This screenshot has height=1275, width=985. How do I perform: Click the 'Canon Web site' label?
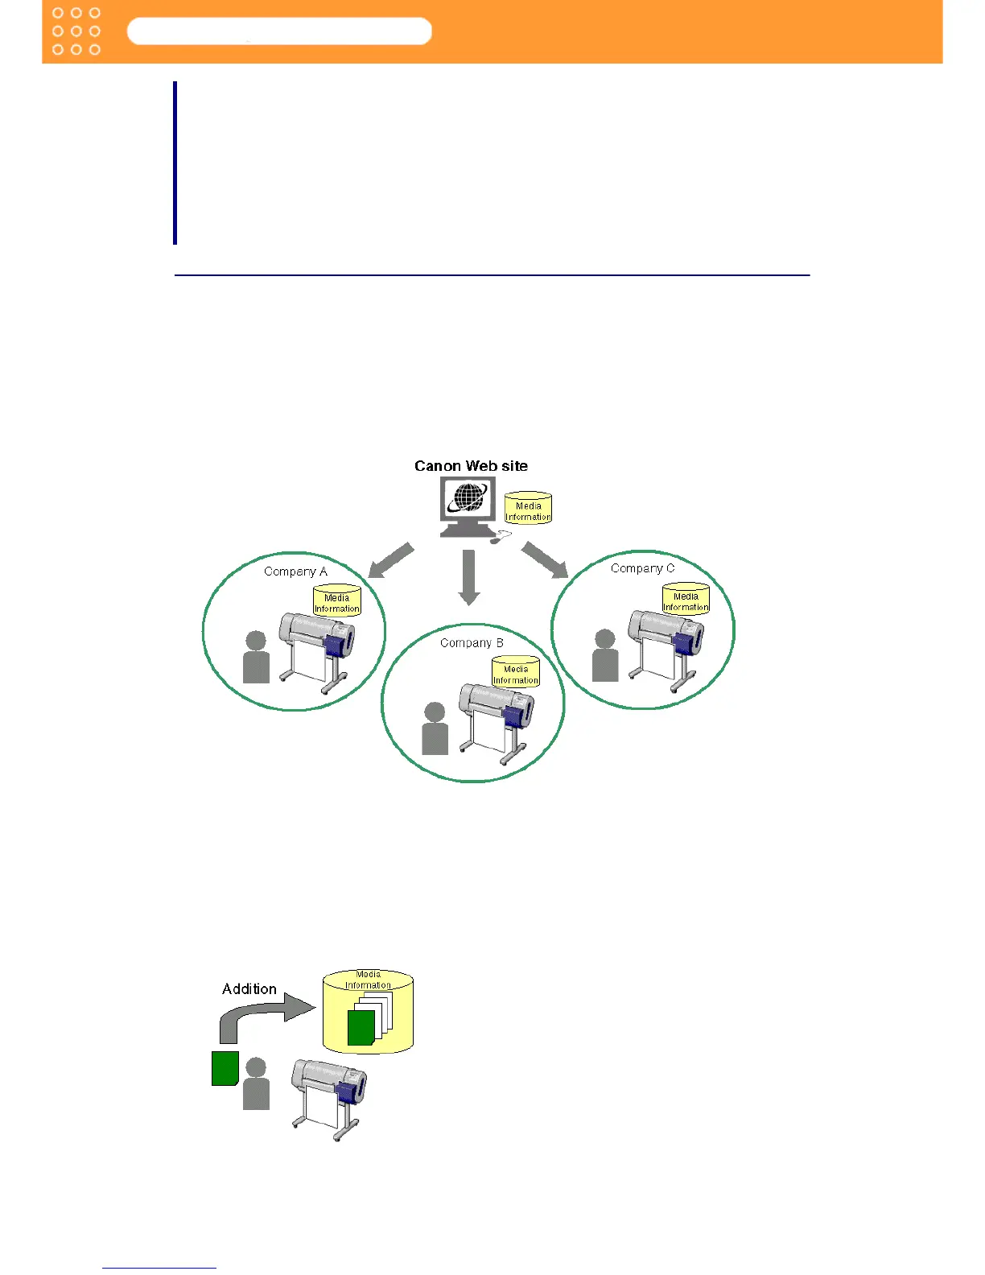(471, 466)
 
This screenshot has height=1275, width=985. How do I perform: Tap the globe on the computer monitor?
(468, 497)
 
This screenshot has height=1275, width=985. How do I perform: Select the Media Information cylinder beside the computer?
(528, 509)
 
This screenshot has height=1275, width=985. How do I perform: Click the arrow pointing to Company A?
(391, 560)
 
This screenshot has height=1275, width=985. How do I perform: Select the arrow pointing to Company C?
(545, 560)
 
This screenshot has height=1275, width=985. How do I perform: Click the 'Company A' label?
(295, 571)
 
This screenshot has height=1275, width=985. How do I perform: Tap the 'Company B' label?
(472, 643)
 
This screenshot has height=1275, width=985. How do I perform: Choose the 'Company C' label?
(642, 568)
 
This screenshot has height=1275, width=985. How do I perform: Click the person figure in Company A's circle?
(256, 658)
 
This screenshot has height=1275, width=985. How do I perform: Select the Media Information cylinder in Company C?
(686, 600)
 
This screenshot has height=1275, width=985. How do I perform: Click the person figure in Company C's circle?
(605, 656)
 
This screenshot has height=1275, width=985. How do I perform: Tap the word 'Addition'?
(249, 989)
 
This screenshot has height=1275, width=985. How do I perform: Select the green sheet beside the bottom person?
(225, 1068)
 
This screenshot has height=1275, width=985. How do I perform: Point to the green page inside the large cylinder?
(361, 1029)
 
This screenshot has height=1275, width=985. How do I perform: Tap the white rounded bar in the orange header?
(279, 31)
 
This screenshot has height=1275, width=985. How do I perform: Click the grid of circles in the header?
(76, 31)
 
